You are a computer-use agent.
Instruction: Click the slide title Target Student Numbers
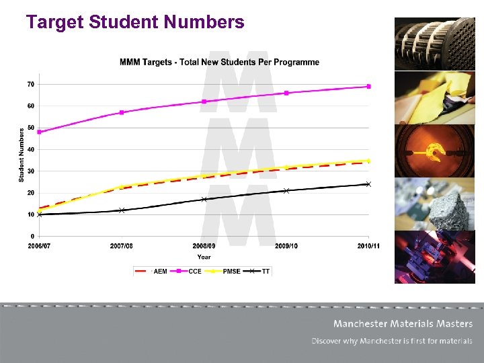tap(135, 23)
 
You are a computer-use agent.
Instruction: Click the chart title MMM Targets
tap(219, 63)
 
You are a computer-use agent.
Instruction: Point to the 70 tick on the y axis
tap(31, 84)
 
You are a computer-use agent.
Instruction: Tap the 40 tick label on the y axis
tap(31, 149)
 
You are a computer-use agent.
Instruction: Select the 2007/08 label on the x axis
tap(122, 246)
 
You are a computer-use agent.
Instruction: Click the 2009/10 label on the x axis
tap(286, 246)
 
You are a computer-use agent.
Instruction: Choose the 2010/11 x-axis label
tap(368, 246)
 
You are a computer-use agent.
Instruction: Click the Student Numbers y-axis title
tap(22, 155)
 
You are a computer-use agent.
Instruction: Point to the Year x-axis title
tap(204, 257)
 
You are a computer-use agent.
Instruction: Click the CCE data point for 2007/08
tap(122, 112)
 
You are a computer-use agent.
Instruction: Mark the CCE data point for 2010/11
tap(368, 87)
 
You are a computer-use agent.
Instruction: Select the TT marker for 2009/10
tap(286, 191)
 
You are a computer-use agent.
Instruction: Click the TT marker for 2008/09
tap(204, 199)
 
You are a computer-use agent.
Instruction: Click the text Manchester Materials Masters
tap(403, 324)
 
